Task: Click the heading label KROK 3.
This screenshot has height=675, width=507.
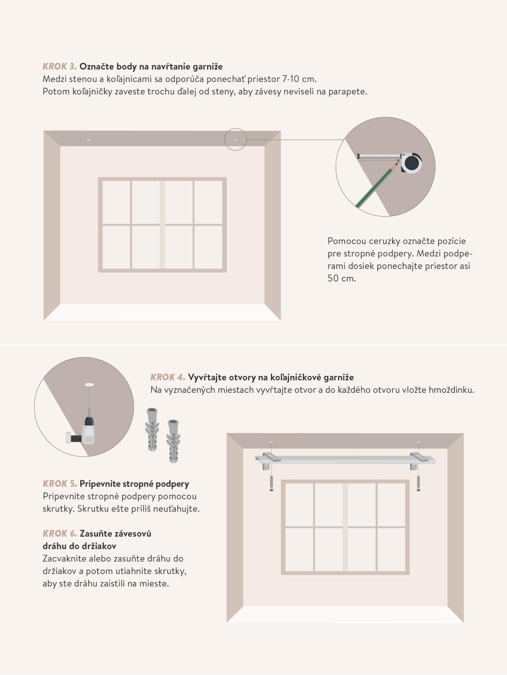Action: tap(60, 66)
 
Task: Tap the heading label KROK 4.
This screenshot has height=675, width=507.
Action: tap(168, 377)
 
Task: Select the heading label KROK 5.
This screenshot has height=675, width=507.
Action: tap(60, 484)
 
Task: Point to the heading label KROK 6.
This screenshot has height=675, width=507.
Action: tap(60, 533)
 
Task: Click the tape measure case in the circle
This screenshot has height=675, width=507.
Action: tap(411, 163)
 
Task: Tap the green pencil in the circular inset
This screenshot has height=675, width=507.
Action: tap(377, 185)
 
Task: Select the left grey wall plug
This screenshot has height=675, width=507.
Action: tap(152, 429)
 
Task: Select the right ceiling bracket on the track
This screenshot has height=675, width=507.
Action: tap(418, 460)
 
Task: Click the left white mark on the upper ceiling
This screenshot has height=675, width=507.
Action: tap(89, 140)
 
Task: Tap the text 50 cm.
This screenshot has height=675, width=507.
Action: tap(341, 278)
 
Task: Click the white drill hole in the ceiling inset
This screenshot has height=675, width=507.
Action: tap(90, 384)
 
